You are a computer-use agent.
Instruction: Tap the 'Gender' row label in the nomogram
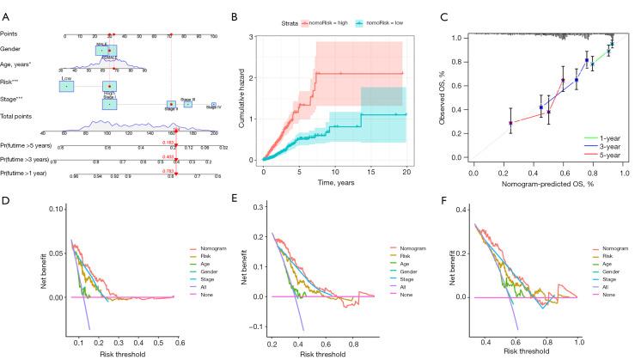(x=11, y=48)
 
